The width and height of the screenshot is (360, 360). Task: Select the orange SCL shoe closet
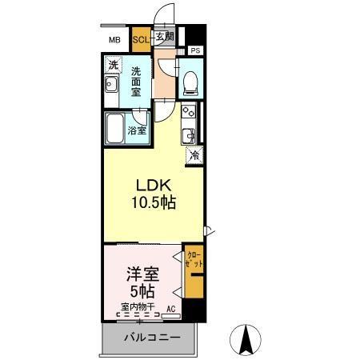[x=141, y=38]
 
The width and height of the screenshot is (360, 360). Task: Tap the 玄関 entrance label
[x=163, y=37]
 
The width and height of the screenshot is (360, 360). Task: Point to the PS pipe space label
[x=195, y=50]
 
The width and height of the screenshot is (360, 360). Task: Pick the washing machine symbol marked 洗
[x=113, y=65]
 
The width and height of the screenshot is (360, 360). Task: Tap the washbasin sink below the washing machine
[x=112, y=87]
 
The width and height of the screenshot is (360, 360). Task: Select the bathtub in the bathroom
[x=117, y=128]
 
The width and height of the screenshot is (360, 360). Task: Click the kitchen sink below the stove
[x=190, y=134]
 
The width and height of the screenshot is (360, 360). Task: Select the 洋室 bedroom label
[x=141, y=274]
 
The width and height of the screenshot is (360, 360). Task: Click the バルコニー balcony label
[x=151, y=338]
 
